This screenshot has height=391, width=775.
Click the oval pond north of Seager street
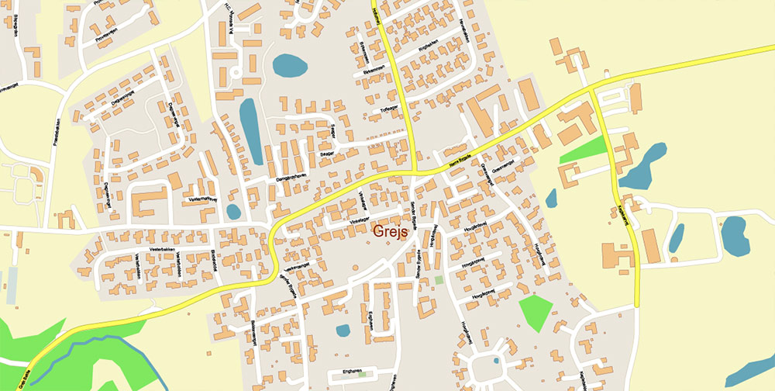coord(288,66)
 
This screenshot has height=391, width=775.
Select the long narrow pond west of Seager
coord(250,127)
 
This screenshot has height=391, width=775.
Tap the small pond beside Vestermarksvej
coord(233,211)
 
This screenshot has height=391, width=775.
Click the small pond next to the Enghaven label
coord(343,330)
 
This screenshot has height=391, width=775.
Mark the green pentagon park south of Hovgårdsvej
coord(535,313)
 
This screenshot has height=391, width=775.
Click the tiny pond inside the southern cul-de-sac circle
coord(495,361)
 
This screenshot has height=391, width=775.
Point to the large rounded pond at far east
coord(734,237)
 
